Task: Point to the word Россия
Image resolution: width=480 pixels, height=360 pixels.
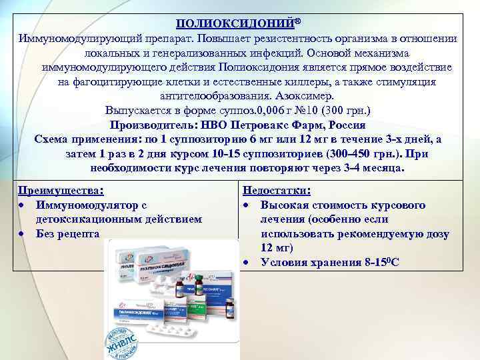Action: click(x=346, y=125)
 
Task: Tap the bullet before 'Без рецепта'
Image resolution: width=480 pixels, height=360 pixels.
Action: click(x=22, y=234)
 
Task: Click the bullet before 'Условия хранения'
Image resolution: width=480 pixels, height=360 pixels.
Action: click(x=247, y=263)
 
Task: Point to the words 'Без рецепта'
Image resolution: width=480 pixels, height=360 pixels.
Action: click(x=67, y=234)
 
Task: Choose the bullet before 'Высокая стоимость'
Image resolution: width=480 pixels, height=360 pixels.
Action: click(x=247, y=205)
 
